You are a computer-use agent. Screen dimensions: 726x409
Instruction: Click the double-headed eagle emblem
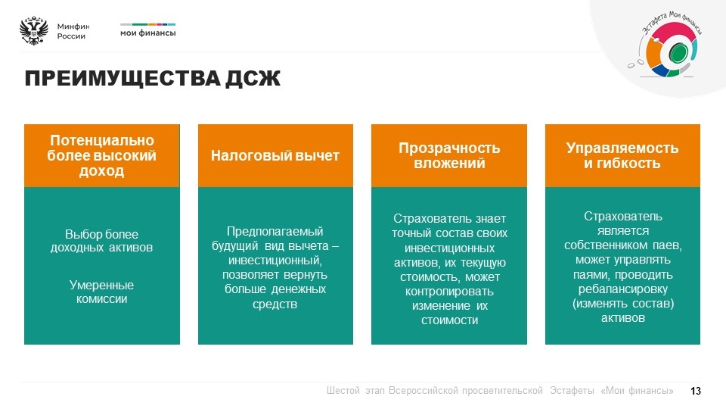[34, 30]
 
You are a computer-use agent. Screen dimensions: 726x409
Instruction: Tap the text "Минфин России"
[73, 31]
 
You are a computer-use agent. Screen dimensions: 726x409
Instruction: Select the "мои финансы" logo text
[147, 33]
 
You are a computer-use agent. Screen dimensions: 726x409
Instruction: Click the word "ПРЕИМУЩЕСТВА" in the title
[123, 78]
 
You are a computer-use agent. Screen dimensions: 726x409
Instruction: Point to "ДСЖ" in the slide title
[253, 78]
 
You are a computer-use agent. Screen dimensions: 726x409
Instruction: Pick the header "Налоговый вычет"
[275, 155]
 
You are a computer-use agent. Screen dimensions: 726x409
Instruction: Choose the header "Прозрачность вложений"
[449, 155]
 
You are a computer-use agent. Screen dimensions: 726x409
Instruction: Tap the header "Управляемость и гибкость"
[622, 155]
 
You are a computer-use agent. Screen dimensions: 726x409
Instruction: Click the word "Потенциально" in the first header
[102, 140]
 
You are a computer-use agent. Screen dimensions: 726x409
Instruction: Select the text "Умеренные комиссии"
[101, 292]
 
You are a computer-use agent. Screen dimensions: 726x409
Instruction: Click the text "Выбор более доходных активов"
[101, 241]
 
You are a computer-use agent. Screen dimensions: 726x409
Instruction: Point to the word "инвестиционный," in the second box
[275, 260]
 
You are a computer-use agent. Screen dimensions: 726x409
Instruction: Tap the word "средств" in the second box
[275, 304]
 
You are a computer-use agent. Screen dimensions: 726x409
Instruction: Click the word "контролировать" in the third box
[449, 292]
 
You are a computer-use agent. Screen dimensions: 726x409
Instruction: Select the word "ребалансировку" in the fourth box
[622, 289]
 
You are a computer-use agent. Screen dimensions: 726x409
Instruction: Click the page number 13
[696, 391]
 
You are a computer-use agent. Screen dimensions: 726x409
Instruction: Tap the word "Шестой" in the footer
[343, 391]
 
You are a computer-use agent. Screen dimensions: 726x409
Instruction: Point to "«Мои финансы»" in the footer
[637, 391]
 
